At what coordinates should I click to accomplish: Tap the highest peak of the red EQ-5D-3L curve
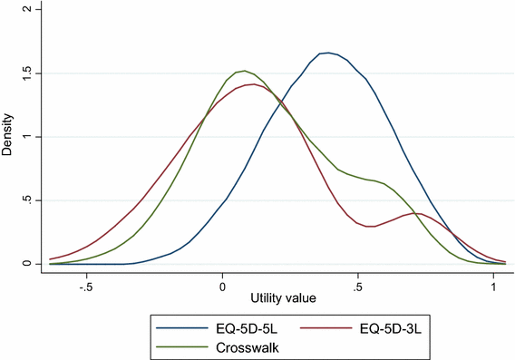(248, 84)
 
